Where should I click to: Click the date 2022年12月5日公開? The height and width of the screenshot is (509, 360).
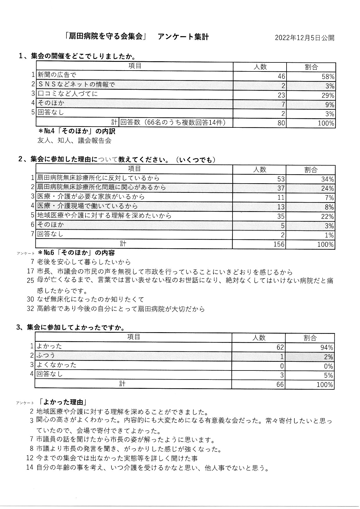tap(304, 38)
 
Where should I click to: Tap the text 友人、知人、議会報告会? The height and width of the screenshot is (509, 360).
tap(74, 141)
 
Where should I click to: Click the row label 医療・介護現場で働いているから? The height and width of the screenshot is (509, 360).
tap(87, 206)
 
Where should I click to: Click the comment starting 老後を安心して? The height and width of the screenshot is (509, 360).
tap(84, 262)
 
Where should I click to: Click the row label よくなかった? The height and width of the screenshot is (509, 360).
tap(56, 365)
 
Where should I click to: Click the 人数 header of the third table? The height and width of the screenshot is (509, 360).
tap(258, 338)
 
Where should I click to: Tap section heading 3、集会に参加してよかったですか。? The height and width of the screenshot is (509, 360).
tap(71, 327)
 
